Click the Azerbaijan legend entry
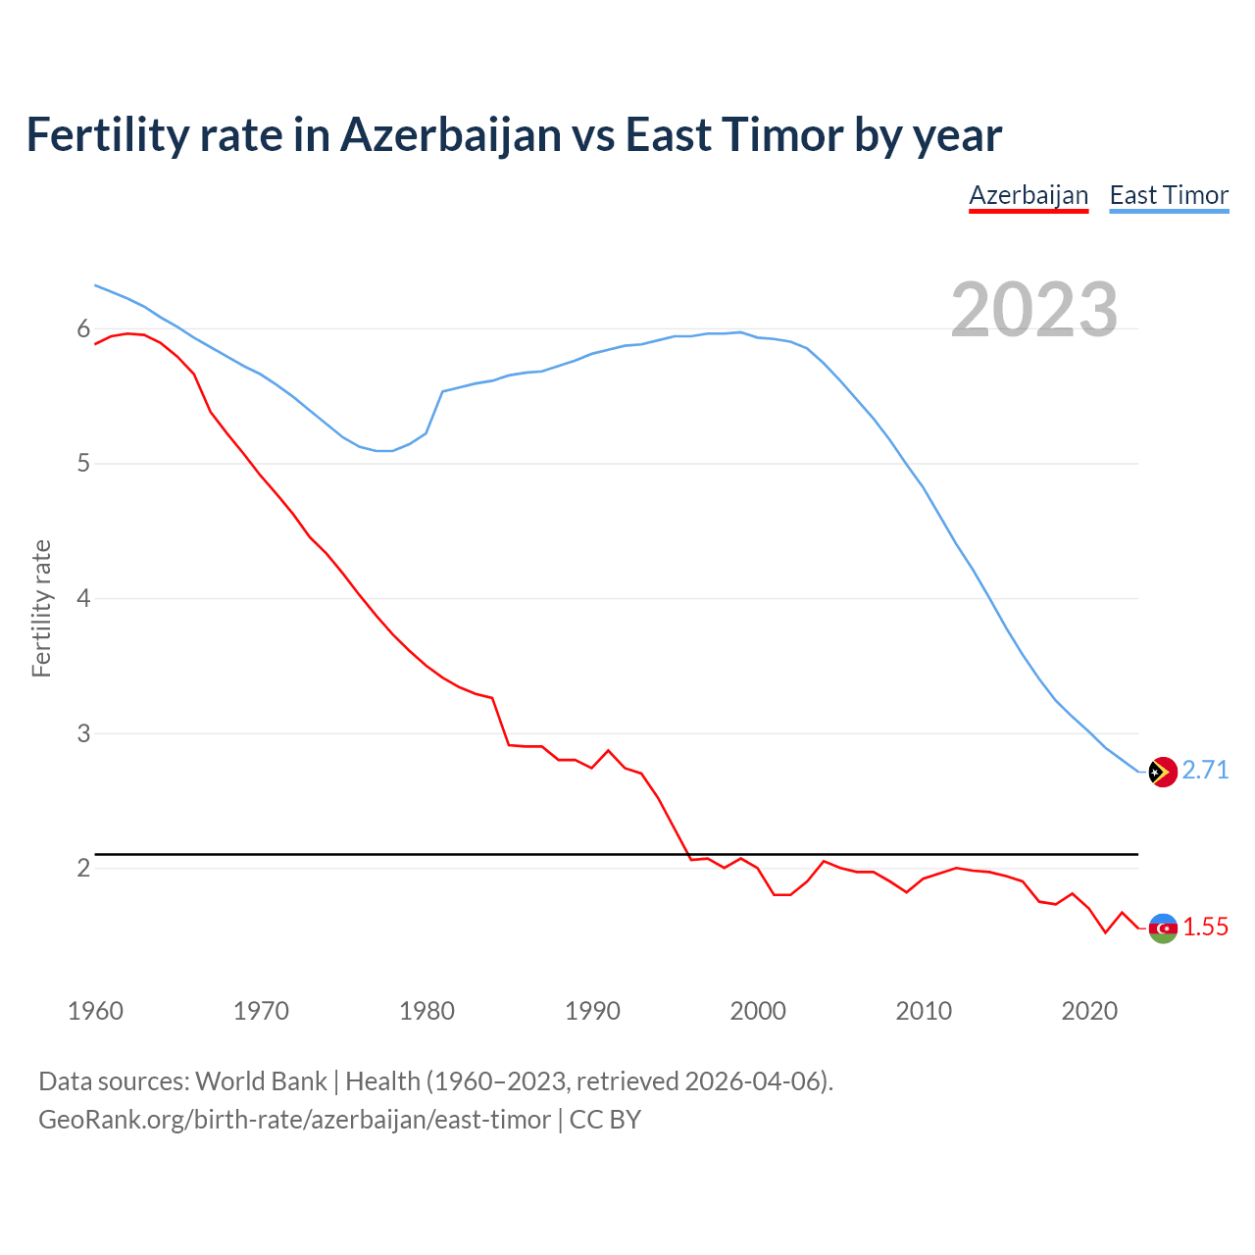1029,195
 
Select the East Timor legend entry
1169,195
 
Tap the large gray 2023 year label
1034,310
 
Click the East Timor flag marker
1162,773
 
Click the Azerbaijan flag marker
1162,928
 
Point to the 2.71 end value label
1205,771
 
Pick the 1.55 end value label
1205,928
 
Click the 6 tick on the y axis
83,328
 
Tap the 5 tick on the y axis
83,463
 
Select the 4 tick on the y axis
83,598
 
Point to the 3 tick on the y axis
83,733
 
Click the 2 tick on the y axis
83,868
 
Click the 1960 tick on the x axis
95,1011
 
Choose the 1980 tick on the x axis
427,1011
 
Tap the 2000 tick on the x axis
758,1011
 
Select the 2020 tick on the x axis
1089,1011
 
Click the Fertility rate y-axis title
41,608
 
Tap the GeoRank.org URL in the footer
294,1120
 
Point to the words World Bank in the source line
261,1081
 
